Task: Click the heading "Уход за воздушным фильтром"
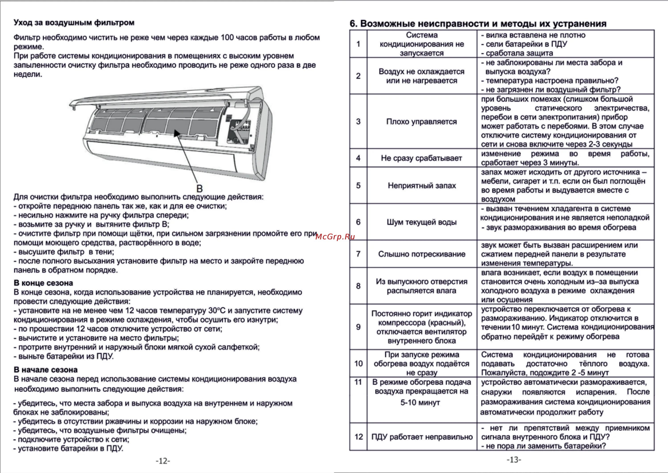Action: pyautogui.click(x=74, y=23)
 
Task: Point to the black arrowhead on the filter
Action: pyautogui.click(x=176, y=133)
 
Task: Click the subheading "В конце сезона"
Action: pyautogui.click(x=43, y=283)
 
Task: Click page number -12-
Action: pyautogui.click(x=163, y=461)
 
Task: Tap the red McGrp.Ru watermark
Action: pyautogui.click(x=335, y=237)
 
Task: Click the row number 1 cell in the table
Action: pyautogui.click(x=358, y=44)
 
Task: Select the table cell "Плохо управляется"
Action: pyautogui.click(x=422, y=121)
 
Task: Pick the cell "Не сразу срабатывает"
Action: pyautogui.click(x=422, y=158)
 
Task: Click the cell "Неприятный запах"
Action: pyautogui.click(x=422, y=185)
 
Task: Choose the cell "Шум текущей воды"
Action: pyautogui.click(x=422, y=222)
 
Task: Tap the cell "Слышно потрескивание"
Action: pyautogui.click(x=422, y=254)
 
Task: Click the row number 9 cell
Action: pyautogui.click(x=358, y=327)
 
